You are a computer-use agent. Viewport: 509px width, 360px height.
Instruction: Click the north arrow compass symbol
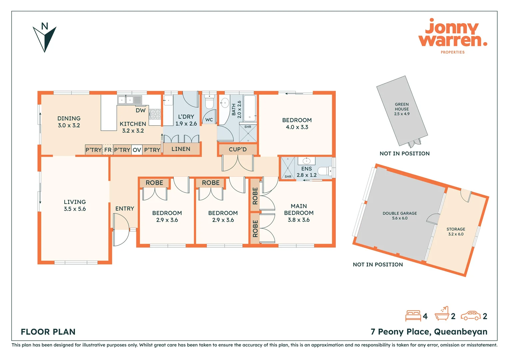pos(45,38)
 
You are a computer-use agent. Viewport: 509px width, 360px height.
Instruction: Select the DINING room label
pos(69,118)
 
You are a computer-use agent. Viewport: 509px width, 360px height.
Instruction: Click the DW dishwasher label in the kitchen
pos(141,111)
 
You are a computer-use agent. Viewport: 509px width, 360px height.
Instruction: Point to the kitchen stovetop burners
pos(155,114)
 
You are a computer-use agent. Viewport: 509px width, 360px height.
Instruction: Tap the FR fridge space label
pos(108,150)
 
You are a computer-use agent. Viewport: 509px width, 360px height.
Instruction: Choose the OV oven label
pos(137,150)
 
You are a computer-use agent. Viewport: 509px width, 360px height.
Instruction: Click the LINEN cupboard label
pos(181,149)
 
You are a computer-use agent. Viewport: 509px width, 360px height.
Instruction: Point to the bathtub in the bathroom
pos(250,108)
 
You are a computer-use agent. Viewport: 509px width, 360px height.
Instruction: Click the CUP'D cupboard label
pos(238,149)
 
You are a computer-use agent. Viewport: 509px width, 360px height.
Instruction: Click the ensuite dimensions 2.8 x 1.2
pos(306,175)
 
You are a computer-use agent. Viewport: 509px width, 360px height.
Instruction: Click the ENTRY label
pos(125,209)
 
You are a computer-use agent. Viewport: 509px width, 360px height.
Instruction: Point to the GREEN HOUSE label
pos(402,107)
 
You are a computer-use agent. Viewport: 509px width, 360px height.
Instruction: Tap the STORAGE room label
pos(456,229)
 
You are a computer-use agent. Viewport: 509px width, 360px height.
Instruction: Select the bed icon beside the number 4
pos(413,316)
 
